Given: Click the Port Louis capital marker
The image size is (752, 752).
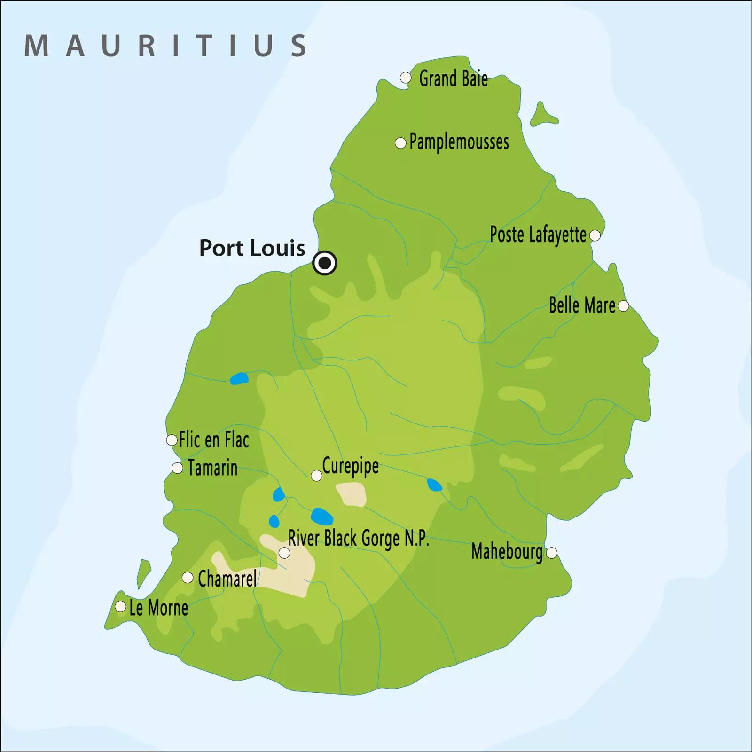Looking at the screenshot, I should [325, 263].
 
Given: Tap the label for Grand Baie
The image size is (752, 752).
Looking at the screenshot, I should [453, 79].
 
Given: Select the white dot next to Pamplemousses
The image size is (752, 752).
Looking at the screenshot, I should [400, 143].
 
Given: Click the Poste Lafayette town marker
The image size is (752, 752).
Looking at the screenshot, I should [595, 235].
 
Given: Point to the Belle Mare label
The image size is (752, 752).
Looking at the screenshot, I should [582, 306].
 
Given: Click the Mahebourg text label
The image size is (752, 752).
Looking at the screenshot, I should [507, 552].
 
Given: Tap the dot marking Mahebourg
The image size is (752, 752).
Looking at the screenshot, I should [552, 553].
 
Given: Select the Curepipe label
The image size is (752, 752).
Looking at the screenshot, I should [350, 467].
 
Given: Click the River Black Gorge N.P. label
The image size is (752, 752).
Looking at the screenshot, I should [358, 539].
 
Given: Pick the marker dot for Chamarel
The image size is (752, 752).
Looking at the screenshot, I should [188, 578].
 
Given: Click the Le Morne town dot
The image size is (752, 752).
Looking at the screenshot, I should [121, 606].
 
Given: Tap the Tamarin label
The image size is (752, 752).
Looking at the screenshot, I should [212, 468].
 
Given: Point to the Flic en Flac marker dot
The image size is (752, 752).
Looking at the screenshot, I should [172, 440].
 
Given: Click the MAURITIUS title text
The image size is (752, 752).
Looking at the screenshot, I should [165, 46].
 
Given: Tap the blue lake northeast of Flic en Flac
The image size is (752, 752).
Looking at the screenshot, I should [239, 378].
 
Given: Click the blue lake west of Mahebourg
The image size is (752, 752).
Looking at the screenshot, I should [434, 485].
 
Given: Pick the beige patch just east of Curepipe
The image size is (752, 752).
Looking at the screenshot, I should [352, 494].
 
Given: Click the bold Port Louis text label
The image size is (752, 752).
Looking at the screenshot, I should [252, 248].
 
